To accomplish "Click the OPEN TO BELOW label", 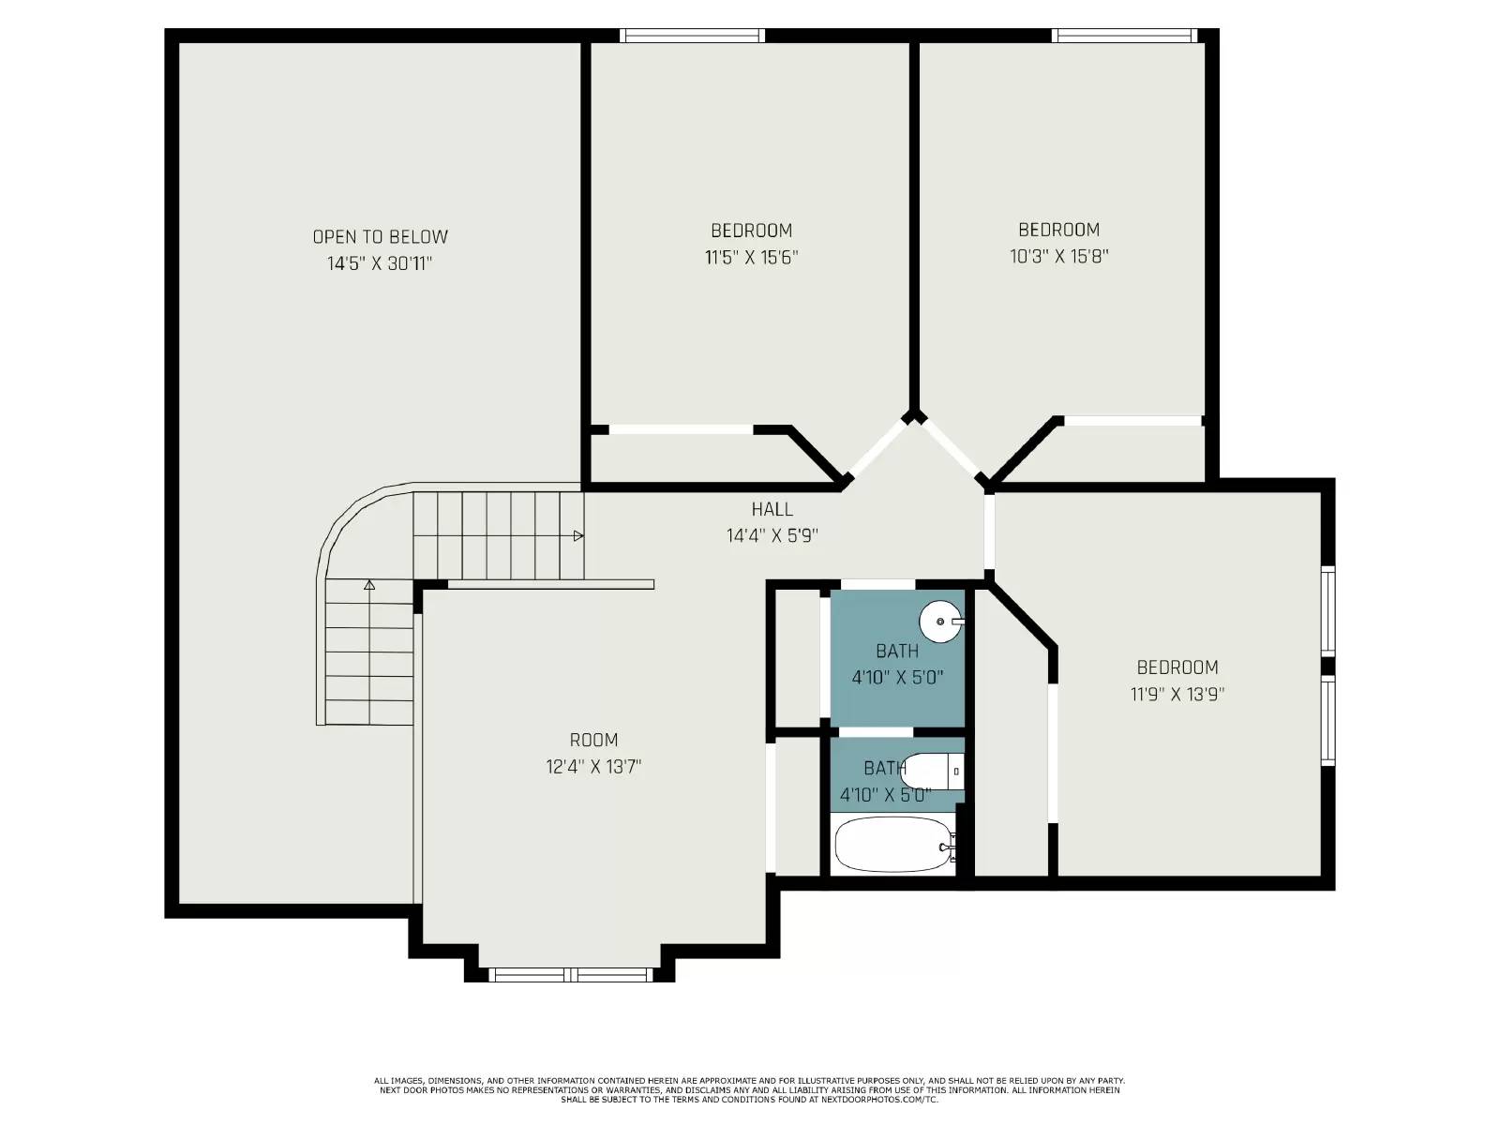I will [380, 237].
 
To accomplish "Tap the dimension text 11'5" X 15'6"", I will [751, 257].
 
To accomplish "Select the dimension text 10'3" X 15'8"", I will [1058, 256].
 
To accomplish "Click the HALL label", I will [772, 509].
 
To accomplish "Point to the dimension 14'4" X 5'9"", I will [772, 536].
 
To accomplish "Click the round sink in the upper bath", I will [940, 621].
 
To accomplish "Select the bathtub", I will [892, 844].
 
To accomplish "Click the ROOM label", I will [593, 740].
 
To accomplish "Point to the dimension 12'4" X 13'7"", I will [593, 767].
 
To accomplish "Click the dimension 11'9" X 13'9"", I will [1177, 695].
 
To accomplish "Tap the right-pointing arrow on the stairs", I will [578, 536].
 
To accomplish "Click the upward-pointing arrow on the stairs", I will [369, 585].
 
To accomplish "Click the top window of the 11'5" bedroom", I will [692, 36].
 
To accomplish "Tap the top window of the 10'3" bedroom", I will [1124, 36].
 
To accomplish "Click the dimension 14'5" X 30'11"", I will [380, 264].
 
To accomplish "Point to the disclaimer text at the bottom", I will [749, 1089].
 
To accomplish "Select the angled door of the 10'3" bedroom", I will [951, 451].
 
